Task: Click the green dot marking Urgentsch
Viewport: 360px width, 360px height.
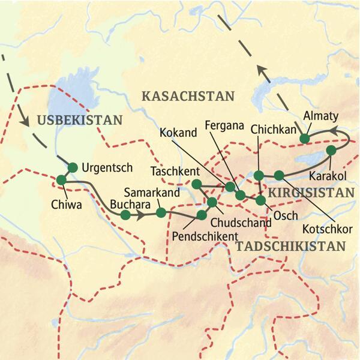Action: [73, 167]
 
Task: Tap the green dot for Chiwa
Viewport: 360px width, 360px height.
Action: [61, 179]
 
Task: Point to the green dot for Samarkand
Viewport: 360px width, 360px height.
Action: [160, 212]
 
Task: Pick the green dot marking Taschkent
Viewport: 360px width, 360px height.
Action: [196, 184]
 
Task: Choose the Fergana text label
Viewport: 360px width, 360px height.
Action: [224, 126]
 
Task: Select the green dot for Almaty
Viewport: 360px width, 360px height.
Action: [304, 139]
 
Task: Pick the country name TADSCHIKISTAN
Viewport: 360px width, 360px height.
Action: [291, 245]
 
